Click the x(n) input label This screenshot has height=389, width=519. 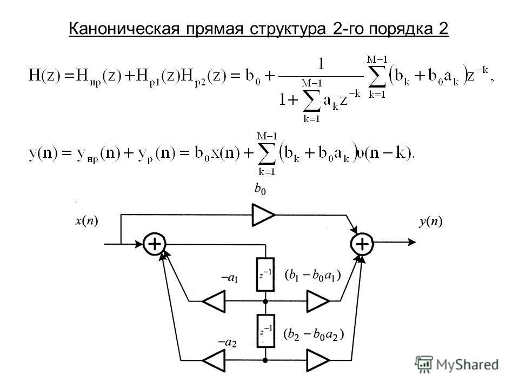86,221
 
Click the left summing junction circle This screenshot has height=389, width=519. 155,244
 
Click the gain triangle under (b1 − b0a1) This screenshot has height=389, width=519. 318,301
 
